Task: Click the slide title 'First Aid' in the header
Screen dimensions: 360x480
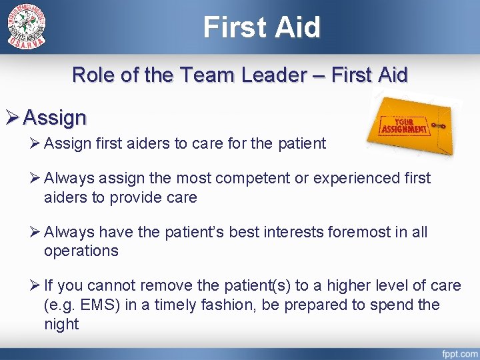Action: coord(262,27)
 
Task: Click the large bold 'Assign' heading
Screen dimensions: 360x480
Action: coord(55,118)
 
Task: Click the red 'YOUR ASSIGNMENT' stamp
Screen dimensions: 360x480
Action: coord(403,125)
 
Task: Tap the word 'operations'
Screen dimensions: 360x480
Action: coord(81,251)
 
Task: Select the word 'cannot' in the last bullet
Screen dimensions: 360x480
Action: coord(115,285)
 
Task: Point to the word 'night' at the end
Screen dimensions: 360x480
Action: coord(61,324)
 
